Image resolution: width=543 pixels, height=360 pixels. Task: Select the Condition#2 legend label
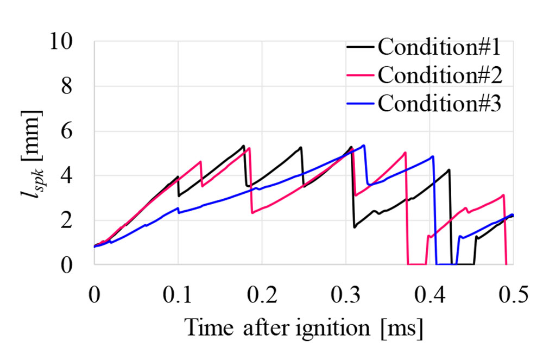click(439, 75)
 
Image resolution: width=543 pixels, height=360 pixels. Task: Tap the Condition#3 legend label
click(439, 103)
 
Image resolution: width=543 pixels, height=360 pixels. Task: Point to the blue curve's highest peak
click(364, 145)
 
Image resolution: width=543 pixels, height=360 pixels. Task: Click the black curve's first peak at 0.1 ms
click(178, 176)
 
